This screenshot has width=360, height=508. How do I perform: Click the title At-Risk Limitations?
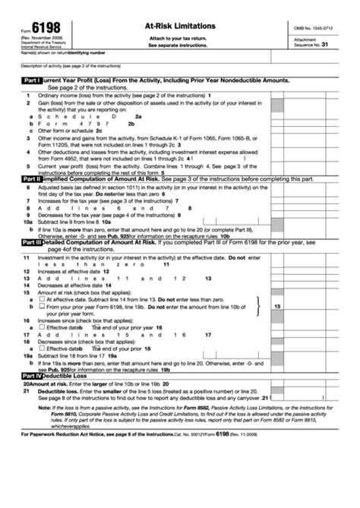(x=179, y=25)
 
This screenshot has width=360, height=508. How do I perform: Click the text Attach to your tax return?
(x=179, y=38)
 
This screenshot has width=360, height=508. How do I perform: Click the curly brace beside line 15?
(x=260, y=304)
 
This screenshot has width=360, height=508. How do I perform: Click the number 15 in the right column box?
(x=277, y=306)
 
